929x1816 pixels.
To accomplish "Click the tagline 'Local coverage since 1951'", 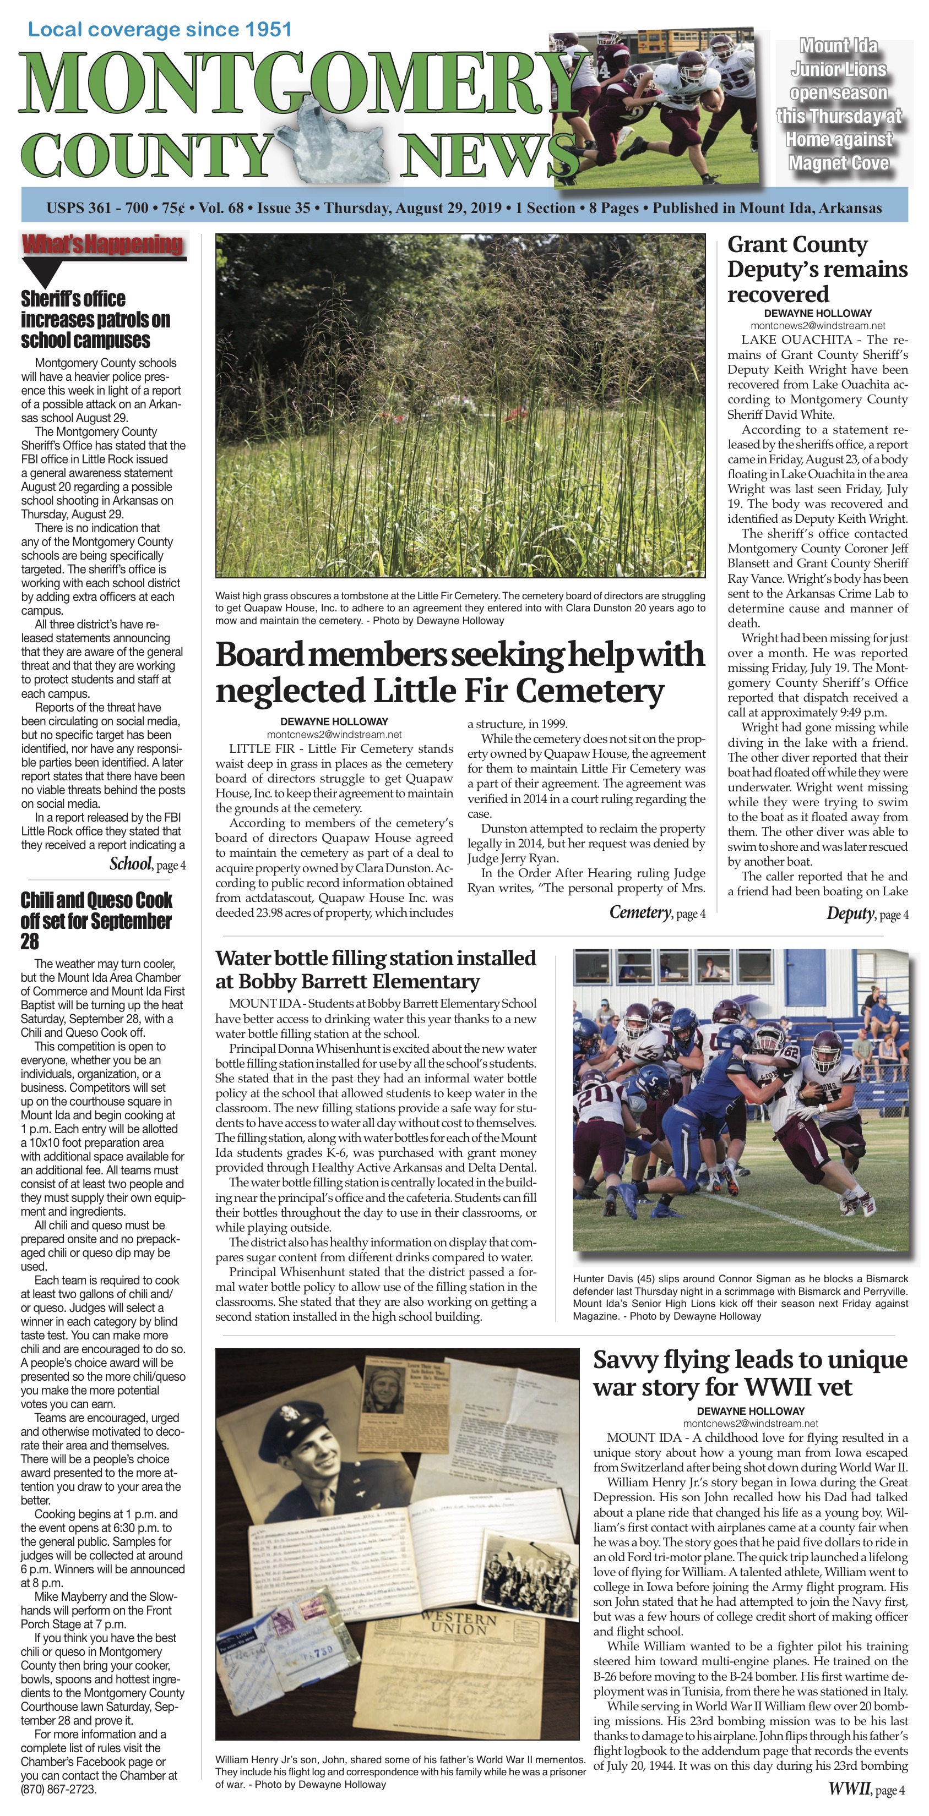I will point(159,30).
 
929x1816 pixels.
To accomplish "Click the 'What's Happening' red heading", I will point(103,245).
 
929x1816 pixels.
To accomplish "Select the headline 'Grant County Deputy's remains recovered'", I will point(817,269).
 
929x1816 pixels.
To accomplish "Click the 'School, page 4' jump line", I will point(148,865).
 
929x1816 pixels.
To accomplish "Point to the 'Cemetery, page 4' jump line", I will point(657,913).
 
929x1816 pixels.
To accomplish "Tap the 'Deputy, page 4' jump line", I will point(867,915).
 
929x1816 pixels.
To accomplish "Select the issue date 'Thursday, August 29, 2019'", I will point(412,208).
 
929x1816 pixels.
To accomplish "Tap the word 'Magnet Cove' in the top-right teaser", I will point(838,163).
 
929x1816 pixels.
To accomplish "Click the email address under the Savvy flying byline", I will point(751,1423).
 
